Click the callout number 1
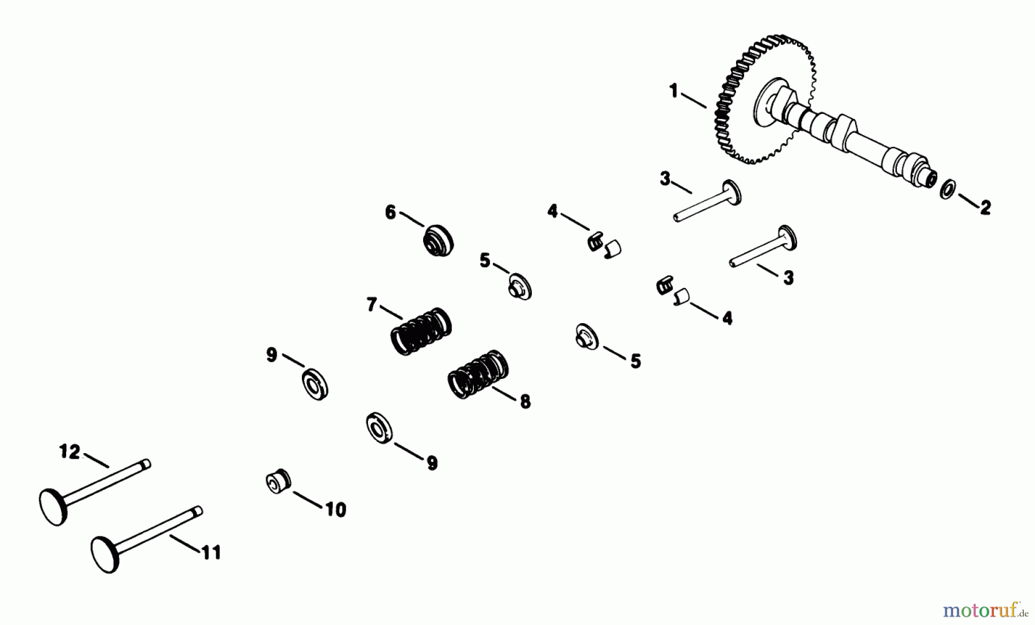[x=674, y=91]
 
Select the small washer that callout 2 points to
[x=948, y=189]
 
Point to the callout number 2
[x=985, y=207]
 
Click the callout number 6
[x=390, y=213]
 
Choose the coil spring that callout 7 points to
[x=421, y=331]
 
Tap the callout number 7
[x=372, y=304]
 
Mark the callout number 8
[x=524, y=401]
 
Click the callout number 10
[x=336, y=509]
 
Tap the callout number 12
[x=70, y=452]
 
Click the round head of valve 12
[x=53, y=506]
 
